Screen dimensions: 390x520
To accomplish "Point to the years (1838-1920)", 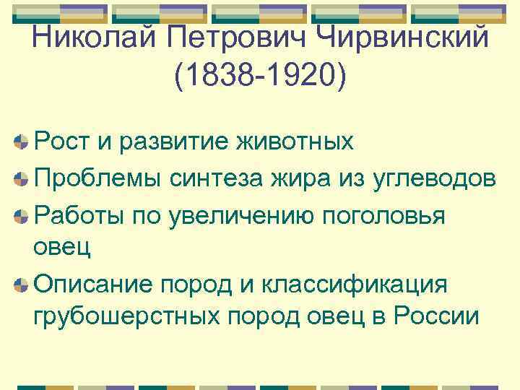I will [x=260, y=75].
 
